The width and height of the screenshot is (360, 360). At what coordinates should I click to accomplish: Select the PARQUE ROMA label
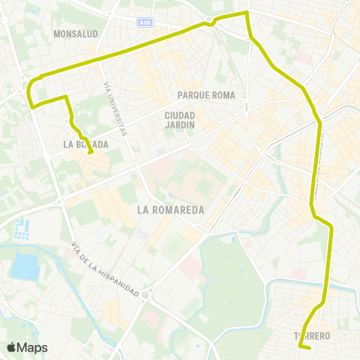pyautogui.click(x=207, y=95)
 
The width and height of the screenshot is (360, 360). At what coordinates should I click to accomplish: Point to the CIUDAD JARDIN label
pyautogui.click(x=180, y=120)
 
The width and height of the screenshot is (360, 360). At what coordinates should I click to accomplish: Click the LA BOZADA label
pyautogui.click(x=85, y=144)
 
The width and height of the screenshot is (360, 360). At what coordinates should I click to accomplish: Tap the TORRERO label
pyautogui.click(x=313, y=335)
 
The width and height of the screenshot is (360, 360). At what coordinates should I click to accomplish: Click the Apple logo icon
pyautogui.click(x=11, y=347)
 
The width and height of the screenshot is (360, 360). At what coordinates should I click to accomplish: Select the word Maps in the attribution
pyautogui.click(x=32, y=347)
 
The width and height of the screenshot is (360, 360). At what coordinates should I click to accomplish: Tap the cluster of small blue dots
pyautogui.click(x=23, y=226)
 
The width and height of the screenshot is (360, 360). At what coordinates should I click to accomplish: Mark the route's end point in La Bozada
pyautogui.click(x=91, y=153)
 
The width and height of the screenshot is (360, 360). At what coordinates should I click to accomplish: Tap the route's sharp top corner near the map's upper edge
pyautogui.click(x=247, y=13)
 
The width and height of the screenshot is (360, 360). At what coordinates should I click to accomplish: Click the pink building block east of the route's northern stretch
pyautogui.click(x=301, y=57)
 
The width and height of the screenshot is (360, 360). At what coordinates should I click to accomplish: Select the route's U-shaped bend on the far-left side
pyautogui.click(x=29, y=91)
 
